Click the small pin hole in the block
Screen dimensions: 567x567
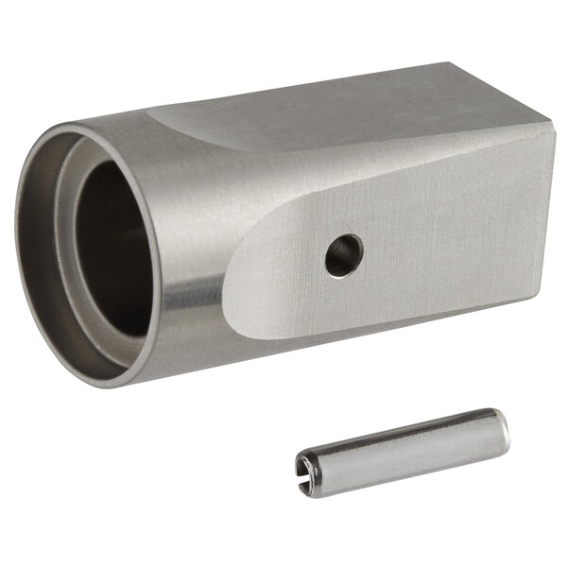344,255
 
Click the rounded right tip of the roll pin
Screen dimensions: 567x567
504,431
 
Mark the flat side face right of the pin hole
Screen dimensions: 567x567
444,236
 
